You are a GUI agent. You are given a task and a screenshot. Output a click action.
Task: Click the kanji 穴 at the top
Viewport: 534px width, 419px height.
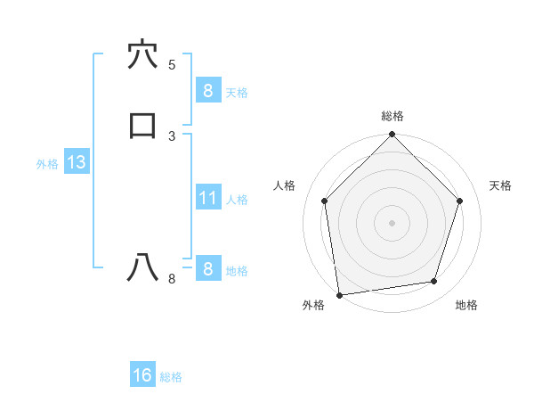tap(142, 54)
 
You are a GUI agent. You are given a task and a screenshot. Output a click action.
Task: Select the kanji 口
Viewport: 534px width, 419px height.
tap(142, 126)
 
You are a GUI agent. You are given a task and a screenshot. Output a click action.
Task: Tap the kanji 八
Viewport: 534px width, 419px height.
tap(142, 268)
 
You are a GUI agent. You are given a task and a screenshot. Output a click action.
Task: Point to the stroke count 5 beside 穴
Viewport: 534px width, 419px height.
tap(172, 64)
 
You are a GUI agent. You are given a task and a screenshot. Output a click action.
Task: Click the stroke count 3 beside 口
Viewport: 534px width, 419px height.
tap(172, 136)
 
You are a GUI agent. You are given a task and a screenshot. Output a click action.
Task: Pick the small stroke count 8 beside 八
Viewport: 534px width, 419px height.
tap(172, 278)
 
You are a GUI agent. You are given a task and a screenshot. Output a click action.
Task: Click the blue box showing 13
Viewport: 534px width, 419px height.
tap(76, 162)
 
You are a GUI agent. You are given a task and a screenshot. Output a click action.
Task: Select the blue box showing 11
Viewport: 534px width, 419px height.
tap(207, 198)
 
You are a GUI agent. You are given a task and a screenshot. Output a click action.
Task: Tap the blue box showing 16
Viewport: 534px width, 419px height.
tap(142, 375)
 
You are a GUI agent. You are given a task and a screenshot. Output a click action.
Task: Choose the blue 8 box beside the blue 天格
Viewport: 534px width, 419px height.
tap(207, 90)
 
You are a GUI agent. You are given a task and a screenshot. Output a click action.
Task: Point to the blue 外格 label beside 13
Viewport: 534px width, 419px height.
tap(47, 164)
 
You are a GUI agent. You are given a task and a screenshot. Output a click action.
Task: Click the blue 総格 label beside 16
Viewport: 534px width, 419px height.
tap(171, 377)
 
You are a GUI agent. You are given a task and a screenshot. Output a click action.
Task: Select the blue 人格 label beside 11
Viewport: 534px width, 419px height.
tap(238, 200)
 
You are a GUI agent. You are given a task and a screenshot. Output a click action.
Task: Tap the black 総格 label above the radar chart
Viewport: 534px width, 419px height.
tap(392, 116)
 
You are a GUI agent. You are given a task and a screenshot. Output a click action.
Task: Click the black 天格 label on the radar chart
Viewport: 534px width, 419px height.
tap(500, 185)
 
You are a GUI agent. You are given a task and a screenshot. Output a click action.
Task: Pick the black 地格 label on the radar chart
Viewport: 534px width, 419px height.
tap(466, 305)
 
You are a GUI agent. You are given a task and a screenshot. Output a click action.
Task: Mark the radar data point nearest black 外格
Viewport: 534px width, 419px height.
tap(339, 294)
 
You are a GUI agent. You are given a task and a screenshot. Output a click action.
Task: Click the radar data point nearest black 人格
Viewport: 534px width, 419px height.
tap(324, 201)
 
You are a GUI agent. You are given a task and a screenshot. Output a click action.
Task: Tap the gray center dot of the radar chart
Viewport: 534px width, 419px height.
tap(392, 222)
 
